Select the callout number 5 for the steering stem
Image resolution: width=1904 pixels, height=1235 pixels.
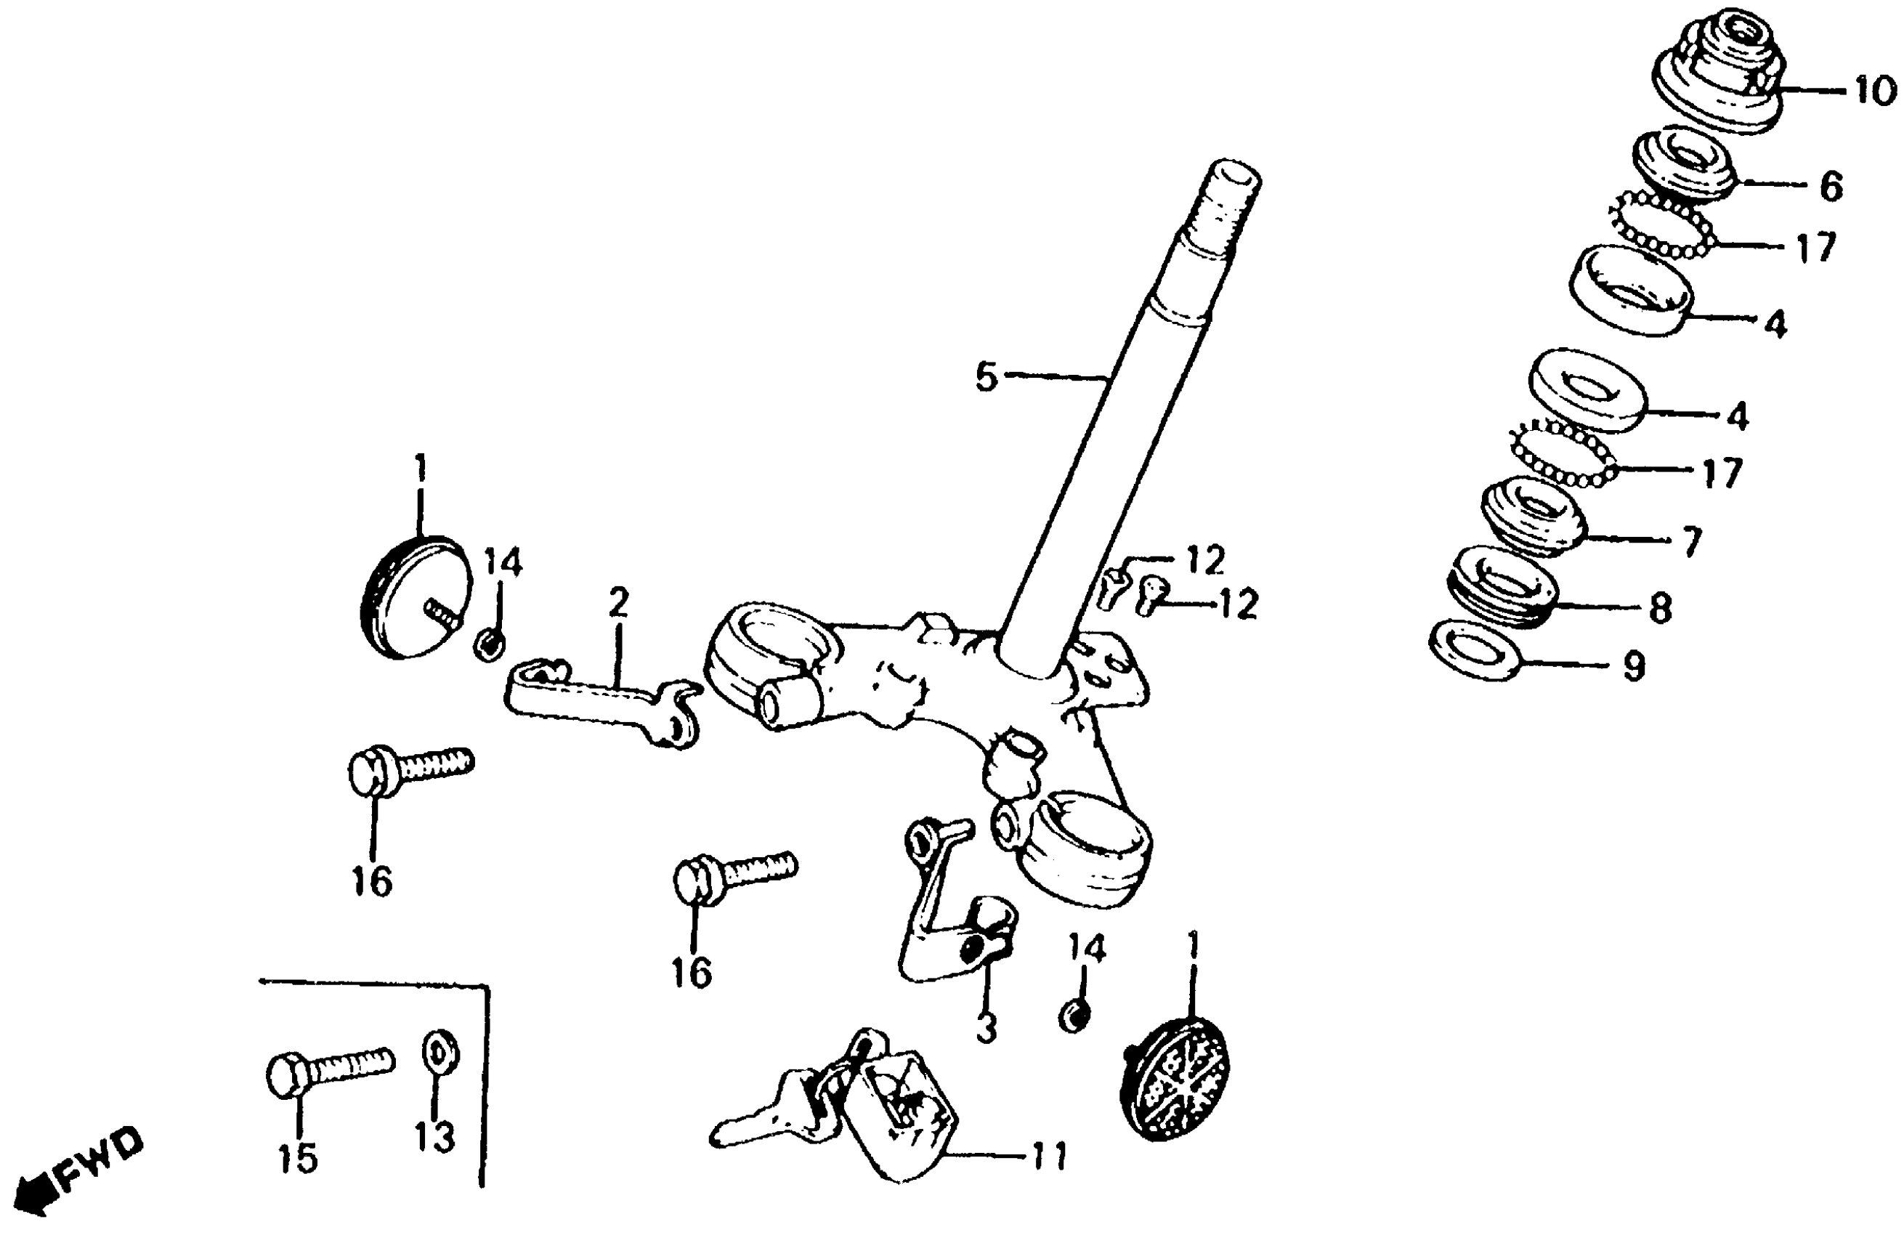pyautogui.click(x=987, y=377)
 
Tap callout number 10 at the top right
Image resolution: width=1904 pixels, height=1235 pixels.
pyautogui.click(x=1874, y=92)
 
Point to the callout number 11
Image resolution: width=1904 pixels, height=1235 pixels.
pyautogui.click(x=1049, y=1156)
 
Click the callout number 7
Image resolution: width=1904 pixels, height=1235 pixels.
pyautogui.click(x=1690, y=543)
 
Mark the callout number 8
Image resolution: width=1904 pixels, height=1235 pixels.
pyautogui.click(x=1660, y=608)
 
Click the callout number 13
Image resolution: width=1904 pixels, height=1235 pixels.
pyautogui.click(x=434, y=1135)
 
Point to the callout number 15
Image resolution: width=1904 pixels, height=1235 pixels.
pyautogui.click(x=298, y=1157)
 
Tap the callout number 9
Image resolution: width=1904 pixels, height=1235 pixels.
pyautogui.click(x=1633, y=665)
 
